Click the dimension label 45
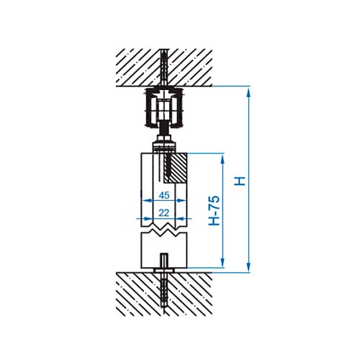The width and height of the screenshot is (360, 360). pyautogui.click(x=164, y=195)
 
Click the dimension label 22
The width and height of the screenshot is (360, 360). pyautogui.click(x=164, y=213)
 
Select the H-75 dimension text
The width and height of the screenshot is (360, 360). pyautogui.click(x=214, y=210)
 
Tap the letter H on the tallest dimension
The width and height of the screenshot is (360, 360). pyautogui.click(x=240, y=181)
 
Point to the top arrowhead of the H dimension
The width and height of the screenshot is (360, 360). pyautogui.click(x=248, y=91)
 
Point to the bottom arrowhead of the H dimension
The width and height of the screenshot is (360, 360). pyautogui.click(x=248, y=267)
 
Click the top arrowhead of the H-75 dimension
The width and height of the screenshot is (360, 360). pyautogui.click(x=222, y=158)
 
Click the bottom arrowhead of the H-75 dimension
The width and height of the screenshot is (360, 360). pyautogui.click(x=222, y=262)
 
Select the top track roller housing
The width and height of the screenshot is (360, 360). pyautogui.click(x=164, y=107)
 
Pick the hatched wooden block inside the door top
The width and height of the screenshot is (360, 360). pyautogui.click(x=175, y=168)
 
